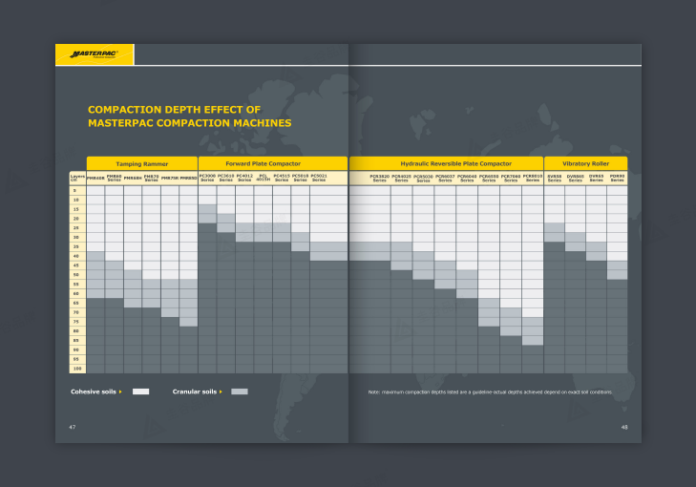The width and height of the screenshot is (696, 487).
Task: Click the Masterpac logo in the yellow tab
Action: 94,54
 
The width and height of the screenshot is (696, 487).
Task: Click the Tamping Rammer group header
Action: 142,163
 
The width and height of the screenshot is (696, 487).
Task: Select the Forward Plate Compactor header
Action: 274,163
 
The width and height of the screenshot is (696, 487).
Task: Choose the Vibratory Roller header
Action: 585,163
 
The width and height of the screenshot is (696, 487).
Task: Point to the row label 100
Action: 76,368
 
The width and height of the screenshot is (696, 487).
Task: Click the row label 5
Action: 76,191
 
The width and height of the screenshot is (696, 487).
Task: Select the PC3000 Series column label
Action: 207,178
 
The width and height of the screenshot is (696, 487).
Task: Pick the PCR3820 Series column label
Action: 380,178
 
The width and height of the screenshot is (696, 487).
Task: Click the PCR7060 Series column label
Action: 511,178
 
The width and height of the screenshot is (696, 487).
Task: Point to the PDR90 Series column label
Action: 617,178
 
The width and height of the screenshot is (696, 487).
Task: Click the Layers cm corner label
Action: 76,178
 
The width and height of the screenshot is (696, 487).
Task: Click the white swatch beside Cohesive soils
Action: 140,392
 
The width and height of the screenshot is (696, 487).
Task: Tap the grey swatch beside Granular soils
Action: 240,392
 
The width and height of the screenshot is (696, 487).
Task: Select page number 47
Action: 72,426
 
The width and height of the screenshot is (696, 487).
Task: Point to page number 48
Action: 624,426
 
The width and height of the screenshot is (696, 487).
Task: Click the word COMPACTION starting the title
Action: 125,110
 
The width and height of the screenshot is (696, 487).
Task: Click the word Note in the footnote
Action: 374,392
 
